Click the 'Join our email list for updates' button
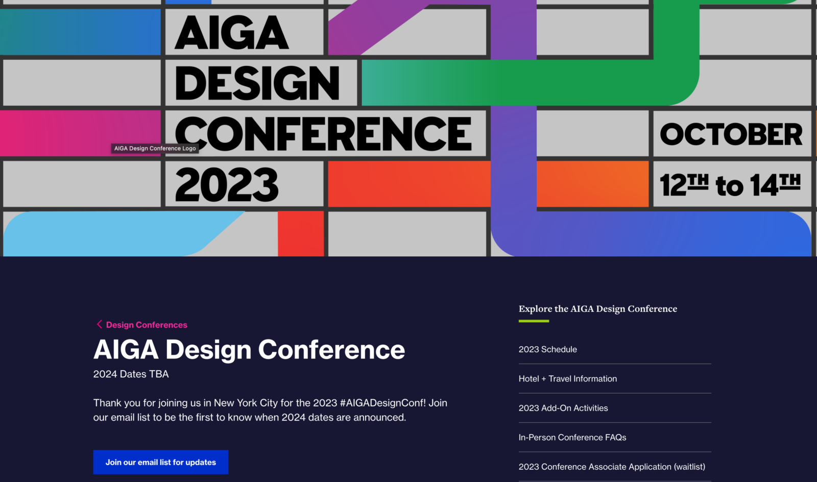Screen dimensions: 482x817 click(160, 462)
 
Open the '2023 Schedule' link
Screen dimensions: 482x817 click(547, 349)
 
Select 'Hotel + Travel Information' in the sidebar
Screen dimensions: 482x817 click(567, 379)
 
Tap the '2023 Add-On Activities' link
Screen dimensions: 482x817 click(563, 408)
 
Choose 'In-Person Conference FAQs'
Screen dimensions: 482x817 click(572, 438)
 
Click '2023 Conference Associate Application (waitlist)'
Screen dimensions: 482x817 click(611, 467)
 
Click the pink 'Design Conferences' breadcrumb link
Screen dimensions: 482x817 click(147, 325)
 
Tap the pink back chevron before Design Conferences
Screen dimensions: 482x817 click(99, 324)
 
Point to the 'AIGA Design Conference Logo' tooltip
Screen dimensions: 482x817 click(155, 149)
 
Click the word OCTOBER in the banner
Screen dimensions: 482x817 click(731, 134)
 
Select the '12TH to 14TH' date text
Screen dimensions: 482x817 click(730, 184)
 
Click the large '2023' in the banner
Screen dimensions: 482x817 click(227, 185)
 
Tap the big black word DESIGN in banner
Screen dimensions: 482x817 click(257, 83)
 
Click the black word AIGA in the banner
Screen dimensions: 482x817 click(231, 33)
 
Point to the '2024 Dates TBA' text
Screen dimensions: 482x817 click(131, 374)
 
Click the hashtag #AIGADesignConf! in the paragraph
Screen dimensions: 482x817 click(382, 403)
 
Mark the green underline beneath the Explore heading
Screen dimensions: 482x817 click(534, 321)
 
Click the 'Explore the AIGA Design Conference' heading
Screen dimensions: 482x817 click(597, 309)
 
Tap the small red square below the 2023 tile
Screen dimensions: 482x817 click(301, 233)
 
